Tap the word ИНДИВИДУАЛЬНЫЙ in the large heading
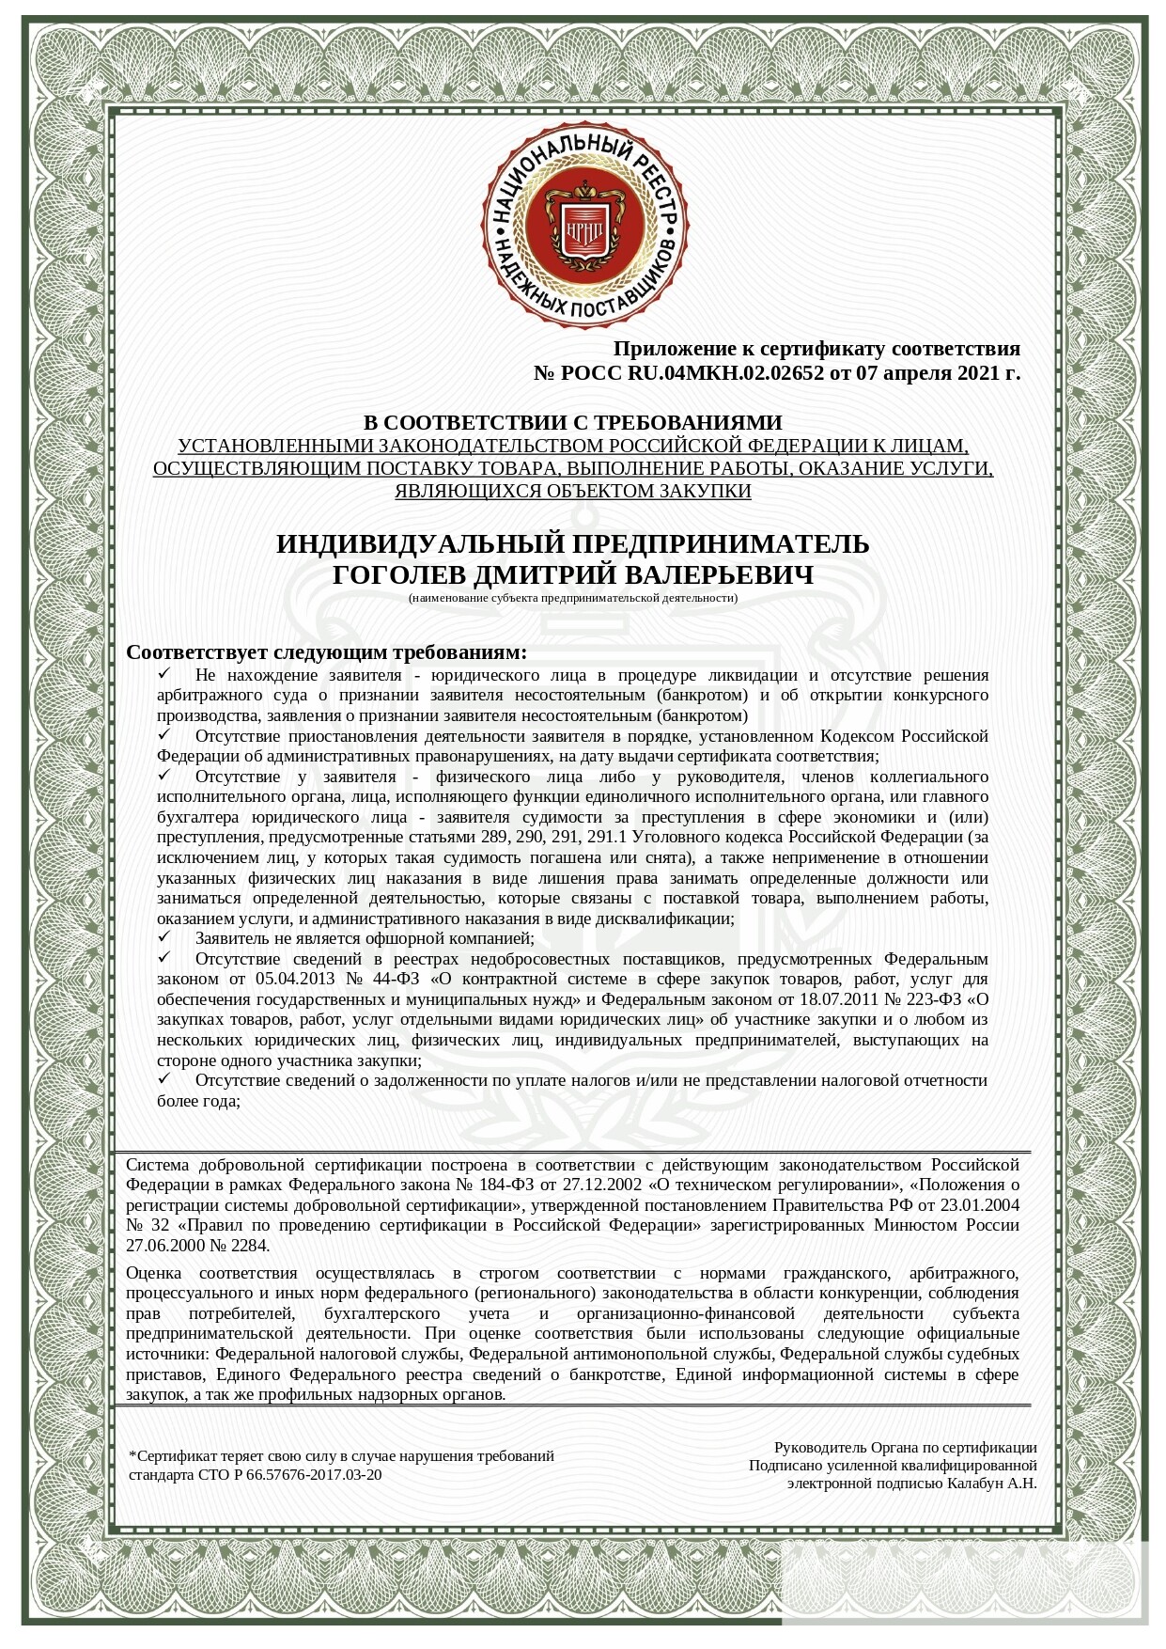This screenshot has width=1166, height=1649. [x=420, y=544]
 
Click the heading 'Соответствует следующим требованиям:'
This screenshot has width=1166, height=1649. [x=326, y=652]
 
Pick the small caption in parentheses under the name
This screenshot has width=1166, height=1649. [x=572, y=598]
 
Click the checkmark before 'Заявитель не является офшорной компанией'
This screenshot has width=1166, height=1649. [x=164, y=937]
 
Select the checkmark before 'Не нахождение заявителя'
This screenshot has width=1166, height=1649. [x=164, y=674]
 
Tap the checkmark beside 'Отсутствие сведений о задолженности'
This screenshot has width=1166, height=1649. [x=164, y=1079]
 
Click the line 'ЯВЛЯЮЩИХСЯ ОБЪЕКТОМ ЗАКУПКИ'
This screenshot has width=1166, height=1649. [x=572, y=491]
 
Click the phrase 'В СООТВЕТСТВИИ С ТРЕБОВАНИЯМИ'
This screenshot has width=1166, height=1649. [x=572, y=423]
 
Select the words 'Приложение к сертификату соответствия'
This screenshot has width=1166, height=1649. [x=816, y=350]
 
